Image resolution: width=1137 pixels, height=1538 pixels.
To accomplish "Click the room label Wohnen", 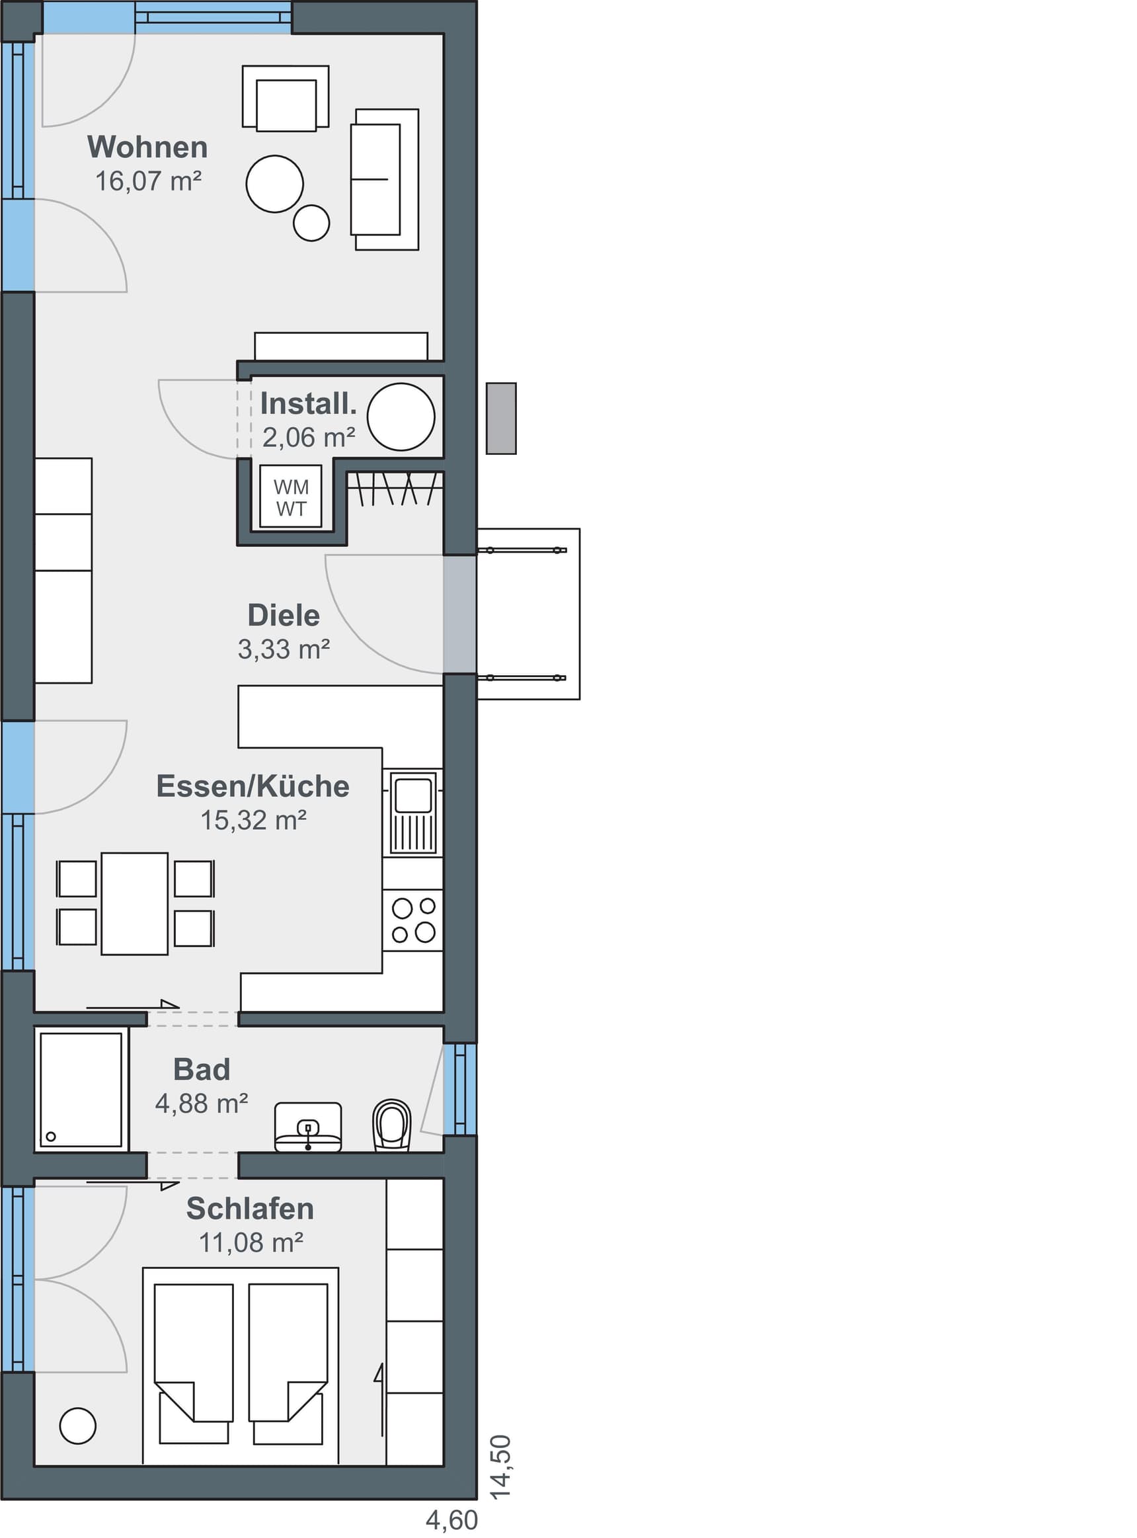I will pyautogui.click(x=147, y=147).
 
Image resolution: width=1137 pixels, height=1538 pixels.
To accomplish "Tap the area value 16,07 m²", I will pyautogui.click(x=148, y=181).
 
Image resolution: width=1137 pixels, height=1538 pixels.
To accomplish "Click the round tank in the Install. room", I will pyautogui.click(x=401, y=417).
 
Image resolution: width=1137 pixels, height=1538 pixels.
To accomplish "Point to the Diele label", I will pyautogui.click(x=284, y=616).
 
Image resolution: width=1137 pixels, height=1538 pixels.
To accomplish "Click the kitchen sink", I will pyautogui.click(x=413, y=813).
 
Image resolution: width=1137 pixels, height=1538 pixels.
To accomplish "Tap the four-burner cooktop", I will pyautogui.click(x=413, y=920).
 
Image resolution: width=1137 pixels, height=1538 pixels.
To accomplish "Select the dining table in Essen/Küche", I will pyautogui.click(x=134, y=903).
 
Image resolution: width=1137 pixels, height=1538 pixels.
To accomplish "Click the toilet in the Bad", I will pyautogui.click(x=391, y=1125).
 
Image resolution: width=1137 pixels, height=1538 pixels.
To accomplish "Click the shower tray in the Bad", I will pyautogui.click(x=81, y=1090).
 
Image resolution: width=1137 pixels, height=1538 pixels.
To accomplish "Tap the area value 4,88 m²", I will pyautogui.click(x=201, y=1104).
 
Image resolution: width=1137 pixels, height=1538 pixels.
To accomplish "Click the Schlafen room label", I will pyautogui.click(x=250, y=1208).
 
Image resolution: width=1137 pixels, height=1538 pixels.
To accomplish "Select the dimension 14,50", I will pyautogui.click(x=500, y=1467).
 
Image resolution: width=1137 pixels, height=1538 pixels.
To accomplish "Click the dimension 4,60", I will pyautogui.click(x=451, y=1520).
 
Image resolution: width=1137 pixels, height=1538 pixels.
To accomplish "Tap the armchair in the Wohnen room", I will pyautogui.click(x=286, y=99).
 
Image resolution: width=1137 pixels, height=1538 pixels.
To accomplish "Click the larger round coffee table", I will pyautogui.click(x=274, y=184).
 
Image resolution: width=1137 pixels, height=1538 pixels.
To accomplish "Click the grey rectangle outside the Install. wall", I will pyautogui.click(x=501, y=418).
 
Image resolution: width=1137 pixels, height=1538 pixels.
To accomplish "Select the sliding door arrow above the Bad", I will pyautogui.click(x=133, y=1005).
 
